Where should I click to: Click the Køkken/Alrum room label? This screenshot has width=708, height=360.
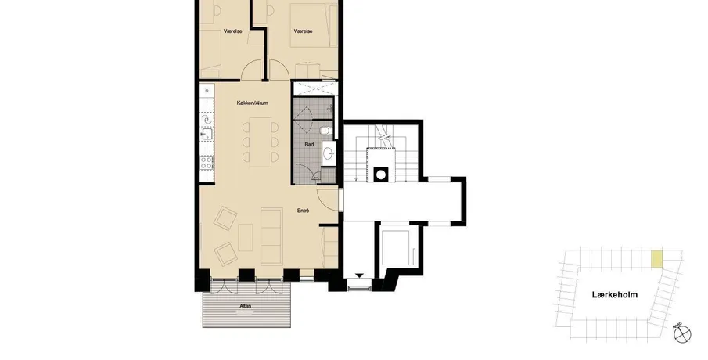tap(253, 103)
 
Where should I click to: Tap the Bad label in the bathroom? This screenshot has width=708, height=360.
tap(309, 145)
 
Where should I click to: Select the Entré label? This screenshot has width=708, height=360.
tap(303, 211)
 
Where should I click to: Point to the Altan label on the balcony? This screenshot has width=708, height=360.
tap(246, 306)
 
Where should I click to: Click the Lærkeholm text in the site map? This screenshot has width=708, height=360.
tap(615, 295)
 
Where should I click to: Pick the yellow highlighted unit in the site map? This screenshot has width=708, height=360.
tap(657, 259)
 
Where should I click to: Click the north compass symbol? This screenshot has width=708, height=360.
tap(682, 334)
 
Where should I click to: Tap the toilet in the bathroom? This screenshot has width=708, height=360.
tap(325, 131)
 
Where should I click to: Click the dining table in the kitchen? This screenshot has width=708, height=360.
tap(261, 142)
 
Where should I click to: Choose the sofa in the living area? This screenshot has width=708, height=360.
tap(271, 236)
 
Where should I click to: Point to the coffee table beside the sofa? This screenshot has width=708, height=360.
tap(246, 238)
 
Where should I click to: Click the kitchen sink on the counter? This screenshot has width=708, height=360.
tap(207, 134)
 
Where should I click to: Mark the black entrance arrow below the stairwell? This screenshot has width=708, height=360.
tap(359, 275)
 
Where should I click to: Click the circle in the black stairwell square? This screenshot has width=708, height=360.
tap(381, 175)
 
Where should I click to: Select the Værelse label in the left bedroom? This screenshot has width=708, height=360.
tap(233, 31)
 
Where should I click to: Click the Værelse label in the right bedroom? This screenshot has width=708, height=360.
tap(303, 31)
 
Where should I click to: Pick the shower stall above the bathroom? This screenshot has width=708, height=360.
tap(314, 88)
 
